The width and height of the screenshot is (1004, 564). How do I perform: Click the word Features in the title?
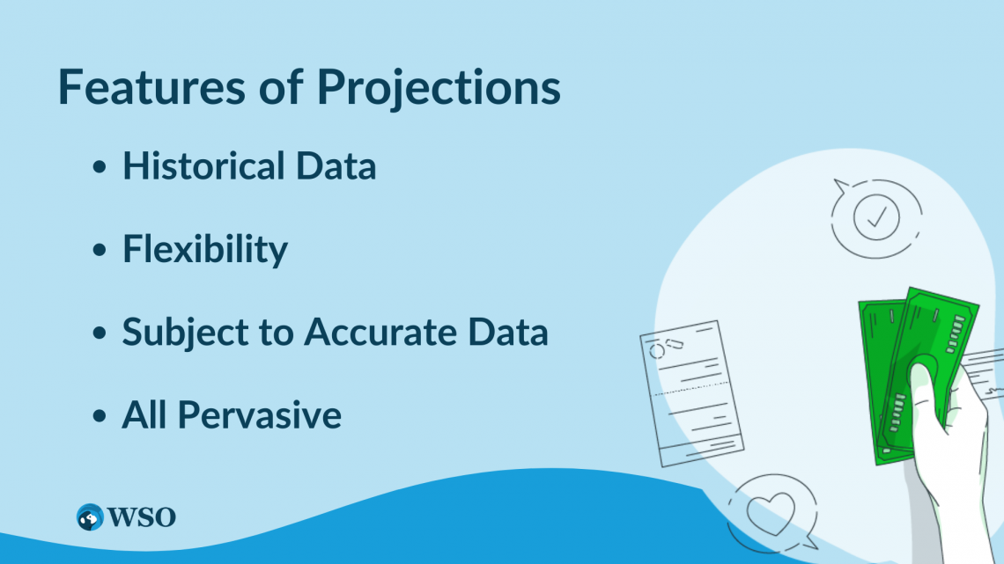click(x=151, y=86)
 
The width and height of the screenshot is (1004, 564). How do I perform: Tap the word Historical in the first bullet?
click(x=203, y=165)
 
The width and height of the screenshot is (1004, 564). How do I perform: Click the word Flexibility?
click(x=205, y=249)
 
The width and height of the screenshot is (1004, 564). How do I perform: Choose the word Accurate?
click(x=380, y=333)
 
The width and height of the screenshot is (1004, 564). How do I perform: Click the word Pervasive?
click(x=259, y=415)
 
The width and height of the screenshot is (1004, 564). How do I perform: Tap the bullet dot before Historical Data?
click(x=100, y=167)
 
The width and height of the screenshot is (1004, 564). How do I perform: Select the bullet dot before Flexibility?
click(x=100, y=250)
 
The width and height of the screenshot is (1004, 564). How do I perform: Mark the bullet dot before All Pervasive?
click(x=100, y=416)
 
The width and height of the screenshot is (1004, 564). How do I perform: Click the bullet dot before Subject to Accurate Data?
click(x=100, y=333)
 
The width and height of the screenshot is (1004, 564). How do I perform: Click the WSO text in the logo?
click(x=142, y=517)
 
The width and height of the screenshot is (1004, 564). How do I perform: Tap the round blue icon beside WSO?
click(x=90, y=517)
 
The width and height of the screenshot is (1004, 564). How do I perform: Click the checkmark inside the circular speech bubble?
click(x=877, y=216)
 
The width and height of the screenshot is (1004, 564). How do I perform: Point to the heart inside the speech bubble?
click(x=771, y=513)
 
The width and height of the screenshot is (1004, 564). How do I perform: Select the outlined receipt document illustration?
click(x=691, y=392)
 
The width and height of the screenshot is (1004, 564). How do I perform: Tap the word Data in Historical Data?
click(x=336, y=165)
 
